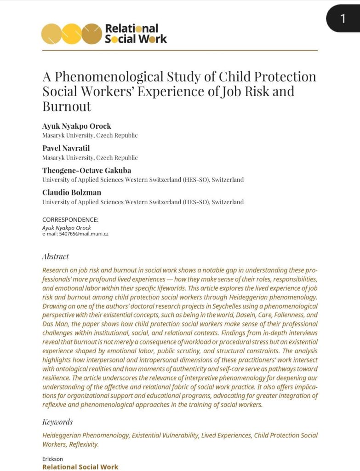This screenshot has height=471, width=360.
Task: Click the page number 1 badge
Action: tap(343, 18)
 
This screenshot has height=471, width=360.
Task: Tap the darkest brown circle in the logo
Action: tap(91, 34)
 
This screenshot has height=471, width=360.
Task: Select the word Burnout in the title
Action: tap(67, 106)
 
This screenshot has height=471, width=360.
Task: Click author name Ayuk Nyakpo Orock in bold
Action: tap(77, 126)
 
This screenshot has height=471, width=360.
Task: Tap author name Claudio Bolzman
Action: tap(72, 192)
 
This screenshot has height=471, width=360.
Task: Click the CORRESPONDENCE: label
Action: tap(70, 219)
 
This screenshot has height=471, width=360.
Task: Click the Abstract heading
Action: tap(55, 256)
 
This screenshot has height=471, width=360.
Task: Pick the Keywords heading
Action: tap(57, 422)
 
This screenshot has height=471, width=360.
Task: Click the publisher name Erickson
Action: tap(52, 459)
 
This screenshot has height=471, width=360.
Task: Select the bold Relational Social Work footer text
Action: tap(80, 466)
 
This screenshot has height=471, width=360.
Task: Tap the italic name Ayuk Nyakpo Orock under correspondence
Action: tap(67, 228)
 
